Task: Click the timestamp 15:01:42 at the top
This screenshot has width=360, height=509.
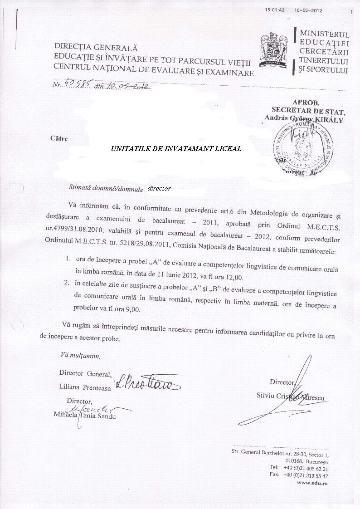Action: pos(275,10)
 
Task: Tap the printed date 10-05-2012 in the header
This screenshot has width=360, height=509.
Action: pos(308,10)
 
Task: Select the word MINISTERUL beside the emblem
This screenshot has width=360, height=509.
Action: pos(324,34)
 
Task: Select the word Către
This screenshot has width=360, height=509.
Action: pos(59,138)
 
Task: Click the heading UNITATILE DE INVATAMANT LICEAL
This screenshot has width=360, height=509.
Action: pos(176,148)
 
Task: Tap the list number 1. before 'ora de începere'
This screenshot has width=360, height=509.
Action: pos(67,259)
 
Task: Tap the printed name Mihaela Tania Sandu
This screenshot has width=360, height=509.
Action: pos(84,414)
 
